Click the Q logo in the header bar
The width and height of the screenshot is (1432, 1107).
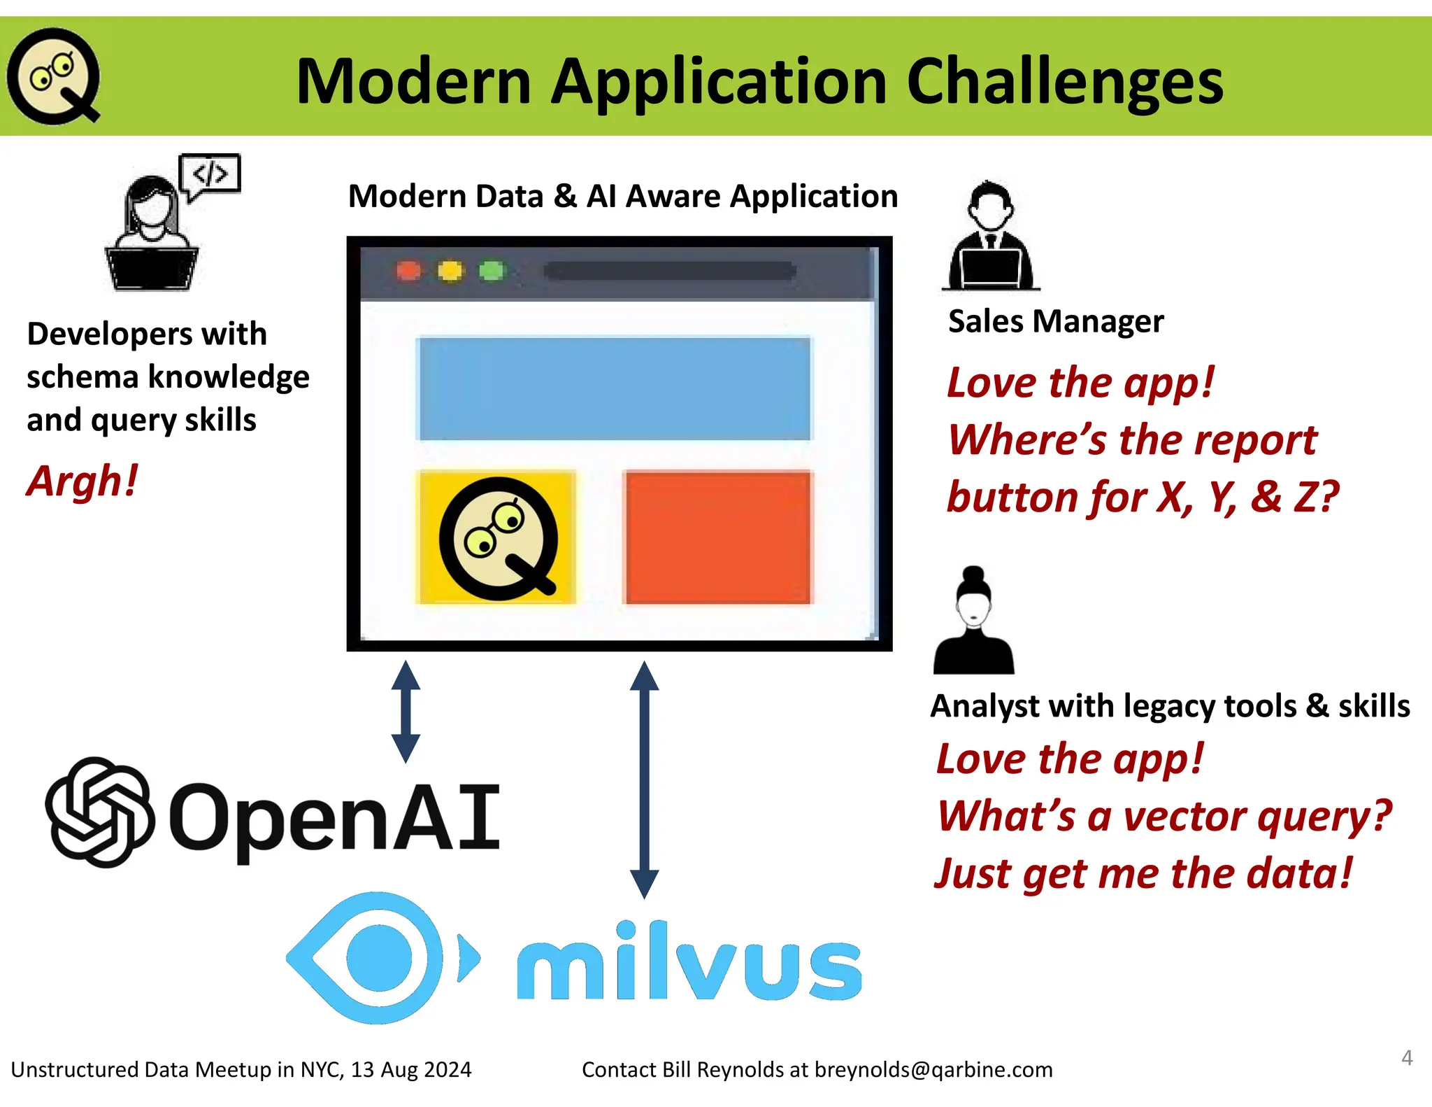(53, 76)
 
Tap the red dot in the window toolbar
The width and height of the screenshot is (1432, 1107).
(409, 271)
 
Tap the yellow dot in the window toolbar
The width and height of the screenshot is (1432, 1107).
(450, 271)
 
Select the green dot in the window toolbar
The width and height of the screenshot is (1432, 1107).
(492, 271)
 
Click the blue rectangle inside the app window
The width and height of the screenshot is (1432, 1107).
(614, 389)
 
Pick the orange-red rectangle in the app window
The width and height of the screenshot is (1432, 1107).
(718, 537)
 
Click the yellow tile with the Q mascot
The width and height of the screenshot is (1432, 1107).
(496, 537)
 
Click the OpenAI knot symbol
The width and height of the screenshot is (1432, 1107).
(99, 812)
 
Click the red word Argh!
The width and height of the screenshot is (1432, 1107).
(83, 482)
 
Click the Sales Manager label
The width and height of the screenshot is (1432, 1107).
(1055, 322)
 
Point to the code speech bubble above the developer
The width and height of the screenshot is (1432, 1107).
(210, 174)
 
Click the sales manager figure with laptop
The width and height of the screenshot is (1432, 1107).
(990, 238)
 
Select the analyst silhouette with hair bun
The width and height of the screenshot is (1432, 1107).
(973, 622)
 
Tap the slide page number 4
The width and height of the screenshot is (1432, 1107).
(1407, 1057)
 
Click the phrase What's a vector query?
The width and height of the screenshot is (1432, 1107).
(1163, 817)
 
